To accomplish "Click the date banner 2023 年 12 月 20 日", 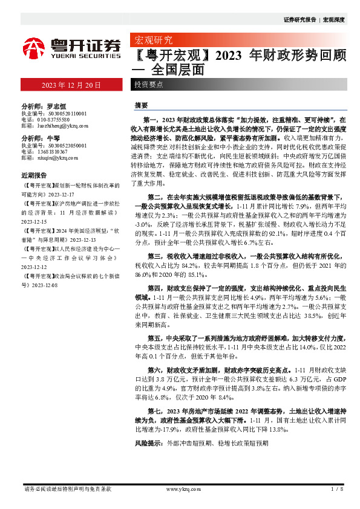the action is coord(71,85).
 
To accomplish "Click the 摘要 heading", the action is coord(141,105).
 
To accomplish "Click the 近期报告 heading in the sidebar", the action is coord(34,175).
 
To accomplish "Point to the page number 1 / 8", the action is coord(338,488).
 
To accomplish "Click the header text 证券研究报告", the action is coord(299,20).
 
